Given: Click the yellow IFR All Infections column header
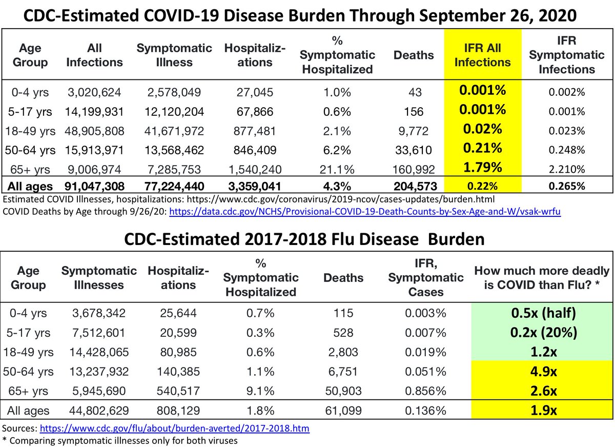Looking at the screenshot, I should tap(482, 55).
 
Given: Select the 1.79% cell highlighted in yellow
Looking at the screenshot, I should tap(482, 168).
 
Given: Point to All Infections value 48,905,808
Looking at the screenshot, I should tap(94, 131).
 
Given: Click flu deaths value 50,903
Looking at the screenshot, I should tap(343, 391).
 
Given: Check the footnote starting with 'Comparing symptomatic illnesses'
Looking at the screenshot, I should tap(123, 439).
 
